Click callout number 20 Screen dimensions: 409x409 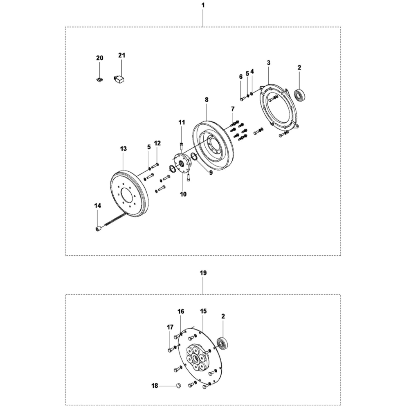click(100, 58)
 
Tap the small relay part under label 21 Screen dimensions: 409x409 click(120, 79)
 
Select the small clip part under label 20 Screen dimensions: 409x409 click(99, 79)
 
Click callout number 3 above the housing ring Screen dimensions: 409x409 click(268, 63)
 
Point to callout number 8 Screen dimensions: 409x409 click(207, 99)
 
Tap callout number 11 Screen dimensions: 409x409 click(181, 122)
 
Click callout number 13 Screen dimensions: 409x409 click(124, 149)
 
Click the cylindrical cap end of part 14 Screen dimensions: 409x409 click(99, 229)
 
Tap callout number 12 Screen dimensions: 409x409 click(157, 143)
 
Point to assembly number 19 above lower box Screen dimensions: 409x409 click(203, 272)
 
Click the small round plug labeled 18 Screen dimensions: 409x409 click(178, 385)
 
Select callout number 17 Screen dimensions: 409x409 click(170, 327)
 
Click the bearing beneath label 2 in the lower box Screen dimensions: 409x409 click(223, 344)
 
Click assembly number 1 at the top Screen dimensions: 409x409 click(203, 5)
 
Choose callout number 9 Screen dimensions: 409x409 click(211, 173)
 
